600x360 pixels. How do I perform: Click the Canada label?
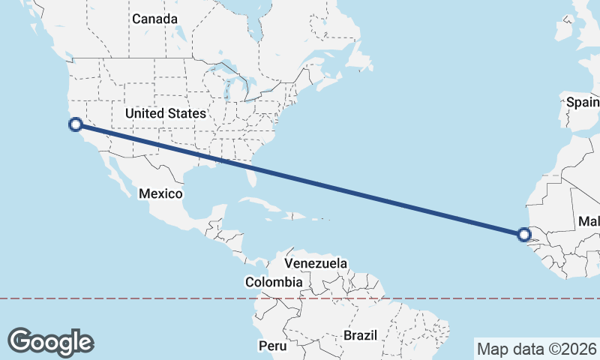154,19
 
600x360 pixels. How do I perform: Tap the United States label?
165,113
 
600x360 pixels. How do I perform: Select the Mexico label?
160,193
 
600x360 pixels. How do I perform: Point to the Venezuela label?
316,263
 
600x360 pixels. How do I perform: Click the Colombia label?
274,282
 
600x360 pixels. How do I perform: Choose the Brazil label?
360,335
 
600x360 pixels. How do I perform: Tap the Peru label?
273,346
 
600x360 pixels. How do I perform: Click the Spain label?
583,101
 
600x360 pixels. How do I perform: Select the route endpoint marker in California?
75,124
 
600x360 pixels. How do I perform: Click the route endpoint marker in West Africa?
524,235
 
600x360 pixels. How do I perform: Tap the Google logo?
51,341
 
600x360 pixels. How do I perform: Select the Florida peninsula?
253,177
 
